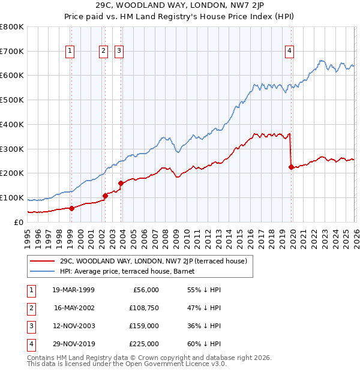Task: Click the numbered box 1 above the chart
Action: coord(71,52)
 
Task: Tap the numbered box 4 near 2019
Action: coord(289,52)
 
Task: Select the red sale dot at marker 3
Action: coord(121,183)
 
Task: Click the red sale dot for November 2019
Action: coord(292,167)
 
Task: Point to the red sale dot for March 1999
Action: coord(71,208)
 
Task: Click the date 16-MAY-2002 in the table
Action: coord(74,307)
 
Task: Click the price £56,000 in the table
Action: coord(145,289)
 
